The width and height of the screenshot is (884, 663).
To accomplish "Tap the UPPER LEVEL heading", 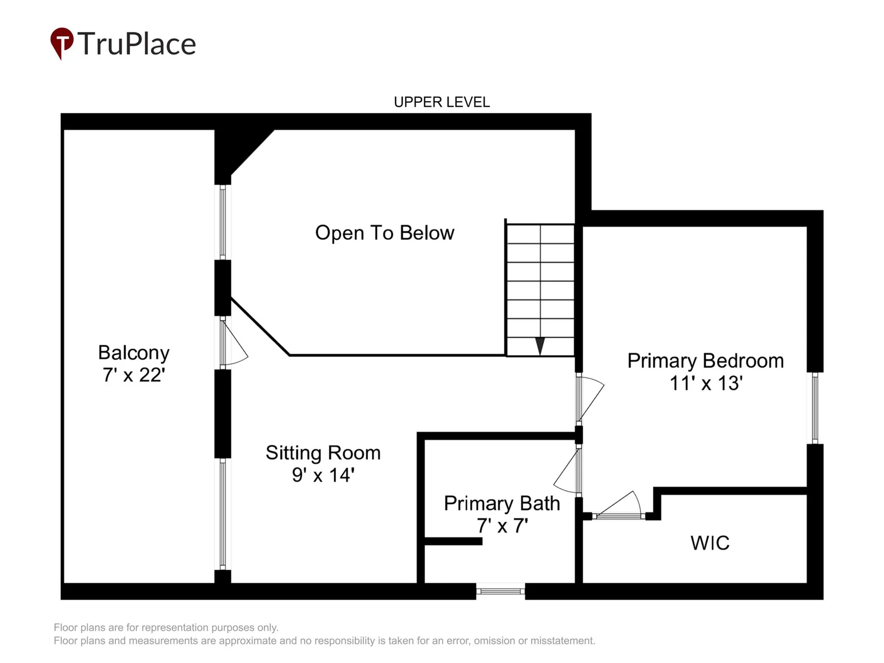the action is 441,102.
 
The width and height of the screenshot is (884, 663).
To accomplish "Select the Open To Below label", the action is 385,233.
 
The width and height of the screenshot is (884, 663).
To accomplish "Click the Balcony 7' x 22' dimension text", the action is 134,375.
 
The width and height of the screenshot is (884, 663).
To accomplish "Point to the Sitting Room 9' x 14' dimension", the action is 323,475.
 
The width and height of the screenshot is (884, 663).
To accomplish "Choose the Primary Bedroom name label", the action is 706,361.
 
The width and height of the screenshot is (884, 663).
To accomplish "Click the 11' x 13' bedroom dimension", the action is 706,383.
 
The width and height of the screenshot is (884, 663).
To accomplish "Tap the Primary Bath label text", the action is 502,503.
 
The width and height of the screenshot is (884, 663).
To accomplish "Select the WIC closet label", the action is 710,543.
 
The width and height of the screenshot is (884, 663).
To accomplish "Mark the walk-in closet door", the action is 618,505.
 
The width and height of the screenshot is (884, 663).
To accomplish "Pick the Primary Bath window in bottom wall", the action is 501,591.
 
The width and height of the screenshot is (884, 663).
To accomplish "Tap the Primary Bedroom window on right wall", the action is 815,408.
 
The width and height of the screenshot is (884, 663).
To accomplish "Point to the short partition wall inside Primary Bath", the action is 454,541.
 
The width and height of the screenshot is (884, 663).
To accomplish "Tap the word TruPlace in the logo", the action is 136,44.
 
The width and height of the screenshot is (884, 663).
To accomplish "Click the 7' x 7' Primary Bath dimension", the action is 502,525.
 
